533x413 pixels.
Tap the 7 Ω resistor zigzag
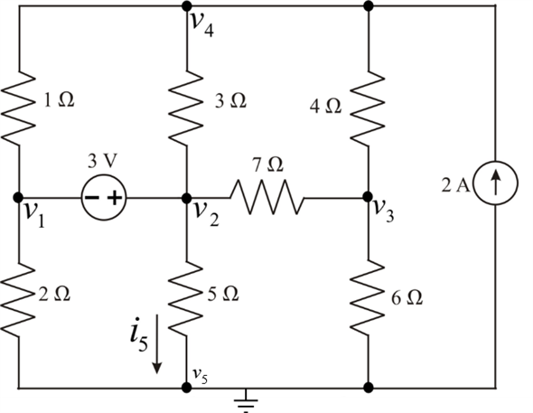click(x=267, y=198)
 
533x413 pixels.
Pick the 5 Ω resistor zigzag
click(x=186, y=297)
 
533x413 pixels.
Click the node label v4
click(x=202, y=24)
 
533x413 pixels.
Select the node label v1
click(x=35, y=216)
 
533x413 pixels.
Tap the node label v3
click(x=384, y=211)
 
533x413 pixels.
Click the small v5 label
click(x=201, y=377)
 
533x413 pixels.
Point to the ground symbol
click(x=246, y=401)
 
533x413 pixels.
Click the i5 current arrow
click(x=156, y=343)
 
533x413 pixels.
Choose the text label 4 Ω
click(x=325, y=107)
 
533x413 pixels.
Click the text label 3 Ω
click(x=230, y=101)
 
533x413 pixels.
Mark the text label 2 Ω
click(x=54, y=295)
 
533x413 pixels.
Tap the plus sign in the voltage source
click(x=115, y=198)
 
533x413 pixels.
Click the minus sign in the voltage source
click(x=91, y=198)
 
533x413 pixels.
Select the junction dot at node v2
click(x=186, y=198)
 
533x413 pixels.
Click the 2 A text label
click(x=456, y=185)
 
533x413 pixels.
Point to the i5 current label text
click(x=139, y=333)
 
